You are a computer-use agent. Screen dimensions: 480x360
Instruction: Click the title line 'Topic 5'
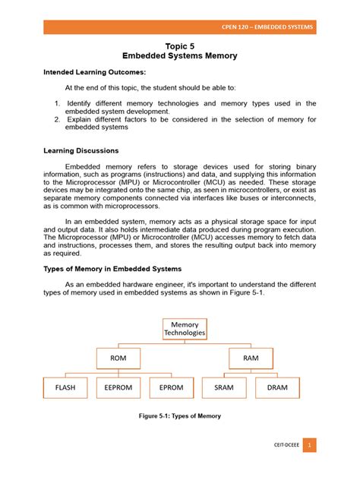click(x=180, y=46)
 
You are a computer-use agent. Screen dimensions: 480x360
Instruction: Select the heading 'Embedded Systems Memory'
click(x=180, y=56)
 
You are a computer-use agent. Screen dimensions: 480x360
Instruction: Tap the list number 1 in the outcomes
click(x=58, y=103)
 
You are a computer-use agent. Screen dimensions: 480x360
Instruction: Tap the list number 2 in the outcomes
click(x=58, y=119)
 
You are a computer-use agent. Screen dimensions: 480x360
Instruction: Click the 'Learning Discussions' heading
click(x=81, y=151)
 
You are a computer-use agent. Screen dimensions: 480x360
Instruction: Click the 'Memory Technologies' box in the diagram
click(x=185, y=329)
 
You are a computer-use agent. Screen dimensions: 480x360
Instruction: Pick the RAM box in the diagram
click(x=251, y=357)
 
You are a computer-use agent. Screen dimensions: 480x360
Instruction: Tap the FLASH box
click(x=66, y=388)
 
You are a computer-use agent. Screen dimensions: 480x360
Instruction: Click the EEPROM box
click(x=118, y=388)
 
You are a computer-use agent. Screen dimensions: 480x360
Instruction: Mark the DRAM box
click(x=278, y=388)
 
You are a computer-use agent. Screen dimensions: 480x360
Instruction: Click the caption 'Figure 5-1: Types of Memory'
click(x=179, y=416)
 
